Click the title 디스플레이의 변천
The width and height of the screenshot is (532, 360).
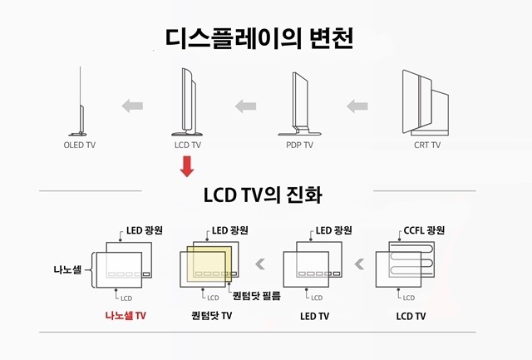click(x=259, y=38)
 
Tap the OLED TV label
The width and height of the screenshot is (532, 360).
click(x=80, y=145)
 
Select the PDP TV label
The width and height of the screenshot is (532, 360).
click(x=299, y=145)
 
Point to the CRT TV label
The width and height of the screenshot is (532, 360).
click(x=427, y=145)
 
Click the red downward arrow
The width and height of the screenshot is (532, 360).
click(x=187, y=166)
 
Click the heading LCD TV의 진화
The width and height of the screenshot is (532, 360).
click(x=263, y=195)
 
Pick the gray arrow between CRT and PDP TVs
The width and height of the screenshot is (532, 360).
click(x=357, y=106)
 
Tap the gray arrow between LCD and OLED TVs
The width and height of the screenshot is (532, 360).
click(x=132, y=106)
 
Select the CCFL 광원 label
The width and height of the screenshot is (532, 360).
click(x=424, y=231)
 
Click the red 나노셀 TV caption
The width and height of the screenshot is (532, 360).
click(x=126, y=316)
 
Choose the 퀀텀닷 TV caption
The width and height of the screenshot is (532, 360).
click(x=212, y=316)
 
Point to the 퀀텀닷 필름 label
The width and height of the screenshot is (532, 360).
click(x=257, y=296)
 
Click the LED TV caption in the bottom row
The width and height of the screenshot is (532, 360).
click(x=314, y=316)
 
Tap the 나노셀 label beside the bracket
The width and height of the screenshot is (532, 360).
click(x=67, y=269)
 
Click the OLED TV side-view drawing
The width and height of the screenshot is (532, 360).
click(x=81, y=101)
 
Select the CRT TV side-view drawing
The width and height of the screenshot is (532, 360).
click(x=426, y=102)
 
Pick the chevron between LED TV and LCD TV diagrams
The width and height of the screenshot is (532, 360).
click(x=359, y=264)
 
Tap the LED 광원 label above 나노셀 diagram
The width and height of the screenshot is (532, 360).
click(x=145, y=231)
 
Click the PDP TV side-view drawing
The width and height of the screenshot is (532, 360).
click(x=300, y=104)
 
